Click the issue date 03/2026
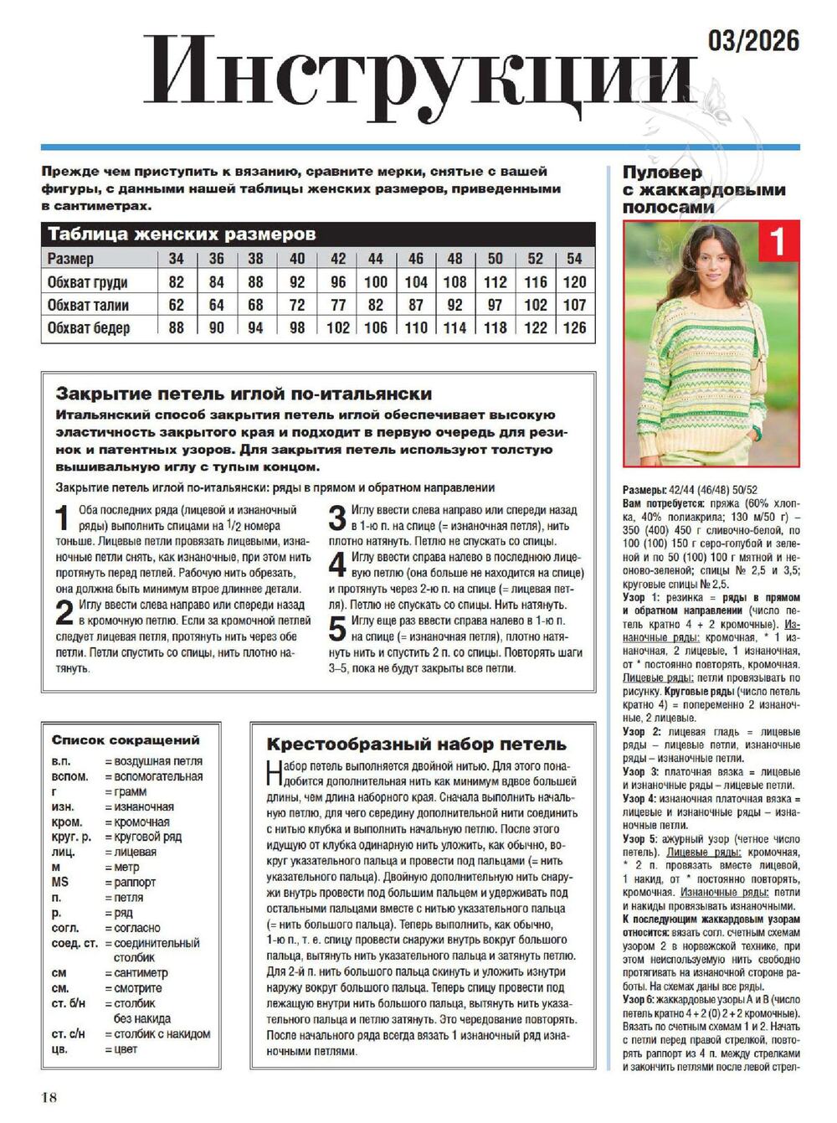(x=753, y=40)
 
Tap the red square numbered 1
(x=778, y=242)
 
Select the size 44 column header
(x=376, y=259)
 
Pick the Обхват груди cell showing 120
(x=574, y=281)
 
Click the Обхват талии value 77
(x=337, y=305)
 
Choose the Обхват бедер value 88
(x=176, y=327)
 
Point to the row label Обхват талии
(x=88, y=305)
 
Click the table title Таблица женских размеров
(x=182, y=234)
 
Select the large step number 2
(x=64, y=613)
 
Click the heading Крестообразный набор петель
(x=416, y=744)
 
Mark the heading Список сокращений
(x=126, y=739)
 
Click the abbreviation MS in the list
(x=60, y=882)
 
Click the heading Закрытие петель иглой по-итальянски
(x=244, y=394)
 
